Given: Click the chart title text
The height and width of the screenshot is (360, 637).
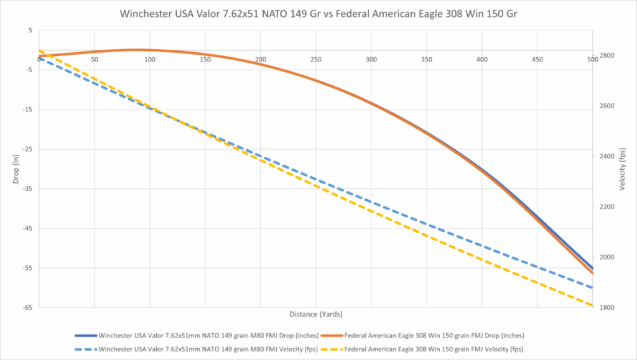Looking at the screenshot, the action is tap(318, 14).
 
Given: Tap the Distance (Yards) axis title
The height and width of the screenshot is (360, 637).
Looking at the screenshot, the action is tap(315, 314).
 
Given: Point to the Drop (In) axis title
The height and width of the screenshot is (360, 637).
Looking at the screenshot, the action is tap(16, 169).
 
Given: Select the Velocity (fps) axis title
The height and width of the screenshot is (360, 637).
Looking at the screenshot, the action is tap(622, 169).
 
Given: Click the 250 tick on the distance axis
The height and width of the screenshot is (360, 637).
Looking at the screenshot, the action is tap(315, 60).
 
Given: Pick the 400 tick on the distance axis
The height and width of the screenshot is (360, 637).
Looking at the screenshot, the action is tap(482, 60).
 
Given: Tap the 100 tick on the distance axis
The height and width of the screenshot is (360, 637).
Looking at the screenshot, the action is tap(149, 60).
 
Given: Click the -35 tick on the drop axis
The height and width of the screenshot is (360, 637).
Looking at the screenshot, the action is tap(27, 189).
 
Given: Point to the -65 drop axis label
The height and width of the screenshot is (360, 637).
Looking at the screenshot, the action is tap(27, 308).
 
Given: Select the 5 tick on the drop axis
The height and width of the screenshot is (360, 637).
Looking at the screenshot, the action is tap(30, 30).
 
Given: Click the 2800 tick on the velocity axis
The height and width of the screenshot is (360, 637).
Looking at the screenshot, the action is tap(607, 55).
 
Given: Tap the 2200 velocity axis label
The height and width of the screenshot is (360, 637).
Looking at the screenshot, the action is tap(607, 207).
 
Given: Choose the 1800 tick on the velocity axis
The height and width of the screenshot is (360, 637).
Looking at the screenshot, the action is tap(607, 308).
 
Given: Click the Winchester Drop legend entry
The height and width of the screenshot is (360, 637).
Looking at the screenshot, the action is tap(197, 336).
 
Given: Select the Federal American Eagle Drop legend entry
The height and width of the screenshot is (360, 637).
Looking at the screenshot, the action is tap(422, 336).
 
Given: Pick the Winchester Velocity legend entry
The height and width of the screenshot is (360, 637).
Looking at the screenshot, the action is tap(197, 349).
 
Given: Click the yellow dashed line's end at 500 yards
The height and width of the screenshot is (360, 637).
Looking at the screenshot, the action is tap(592, 305).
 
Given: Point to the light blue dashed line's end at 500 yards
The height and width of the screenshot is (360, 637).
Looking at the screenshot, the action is tap(592, 288).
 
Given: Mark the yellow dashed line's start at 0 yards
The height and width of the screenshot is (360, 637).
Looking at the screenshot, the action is tap(39, 51).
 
